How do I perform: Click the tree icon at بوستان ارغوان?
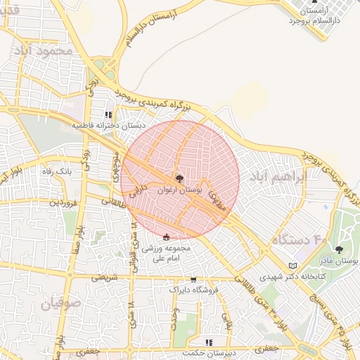tap(179, 179)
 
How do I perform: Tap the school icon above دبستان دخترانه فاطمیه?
tap(108, 114)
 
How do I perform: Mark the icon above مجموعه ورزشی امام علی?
tap(166, 237)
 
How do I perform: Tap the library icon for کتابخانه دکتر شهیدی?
tap(292, 266)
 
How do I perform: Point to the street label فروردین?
tap(61, 202)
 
